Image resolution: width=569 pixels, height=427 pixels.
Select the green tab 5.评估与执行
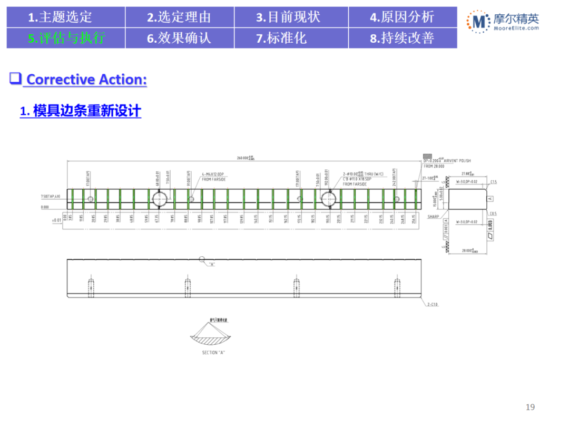tap(66, 38)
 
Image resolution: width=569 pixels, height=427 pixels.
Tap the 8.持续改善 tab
tap(403, 38)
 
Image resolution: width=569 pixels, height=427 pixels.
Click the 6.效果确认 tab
tap(179, 38)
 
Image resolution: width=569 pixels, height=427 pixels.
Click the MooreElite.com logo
tap(503, 23)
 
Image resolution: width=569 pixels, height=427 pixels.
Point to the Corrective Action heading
tap(86, 80)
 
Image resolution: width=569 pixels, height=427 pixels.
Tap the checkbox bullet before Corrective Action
tap(15, 79)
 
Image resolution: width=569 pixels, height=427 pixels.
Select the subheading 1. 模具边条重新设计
tap(81, 111)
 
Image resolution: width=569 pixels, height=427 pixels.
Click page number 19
tap(531, 407)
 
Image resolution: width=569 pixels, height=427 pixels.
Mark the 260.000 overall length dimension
tap(245, 157)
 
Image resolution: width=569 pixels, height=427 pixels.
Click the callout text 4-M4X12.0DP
tap(213, 173)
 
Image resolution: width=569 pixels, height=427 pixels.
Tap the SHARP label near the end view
tap(434, 217)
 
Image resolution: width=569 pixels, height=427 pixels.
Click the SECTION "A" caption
tap(213, 352)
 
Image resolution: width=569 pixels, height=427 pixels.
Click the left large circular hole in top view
tap(160, 199)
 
